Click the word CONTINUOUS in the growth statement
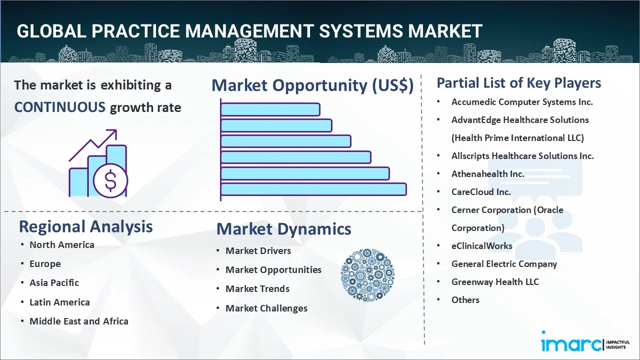[59, 107]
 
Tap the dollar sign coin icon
[110, 181]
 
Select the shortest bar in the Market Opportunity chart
[270, 109]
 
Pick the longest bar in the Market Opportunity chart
[313, 189]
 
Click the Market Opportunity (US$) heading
[312, 85]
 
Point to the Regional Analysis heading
[85, 226]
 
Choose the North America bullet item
[61, 244]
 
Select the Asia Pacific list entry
[54, 282]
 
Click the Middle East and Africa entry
[78, 321]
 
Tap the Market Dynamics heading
[283, 229]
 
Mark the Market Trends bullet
[257, 288]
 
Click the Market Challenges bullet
[266, 308]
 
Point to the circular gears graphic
[367, 275]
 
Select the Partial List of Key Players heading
[518, 82]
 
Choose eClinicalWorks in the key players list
[481, 245]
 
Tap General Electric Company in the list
[503, 263]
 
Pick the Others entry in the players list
[465, 299]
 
